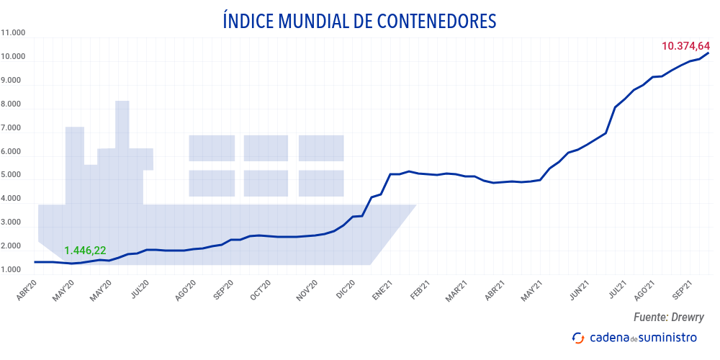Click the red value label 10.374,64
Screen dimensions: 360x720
pyautogui.click(x=685, y=46)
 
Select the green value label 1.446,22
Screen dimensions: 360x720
pyautogui.click(x=85, y=251)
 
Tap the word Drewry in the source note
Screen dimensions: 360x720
pyautogui.click(x=688, y=317)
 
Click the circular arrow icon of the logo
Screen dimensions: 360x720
pyautogui.click(x=578, y=337)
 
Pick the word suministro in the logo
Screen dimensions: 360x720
pyautogui.click(x=666, y=337)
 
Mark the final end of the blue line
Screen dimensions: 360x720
pyautogui.click(x=708, y=53)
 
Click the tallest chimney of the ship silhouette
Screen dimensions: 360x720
pyautogui.click(x=122, y=122)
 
